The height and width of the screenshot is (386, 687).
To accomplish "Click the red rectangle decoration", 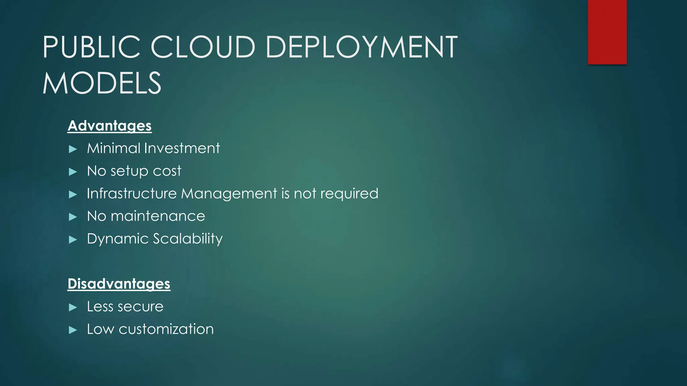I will (x=607, y=32).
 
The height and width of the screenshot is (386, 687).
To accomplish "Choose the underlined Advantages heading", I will (x=110, y=126).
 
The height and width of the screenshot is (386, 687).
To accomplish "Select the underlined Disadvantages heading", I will (x=119, y=284).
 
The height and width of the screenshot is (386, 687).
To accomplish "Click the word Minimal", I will (x=113, y=148).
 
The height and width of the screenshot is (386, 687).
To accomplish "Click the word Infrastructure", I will (x=131, y=194).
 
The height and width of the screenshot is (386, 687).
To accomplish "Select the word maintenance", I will (x=158, y=216).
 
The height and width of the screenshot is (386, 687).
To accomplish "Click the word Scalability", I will (x=188, y=239).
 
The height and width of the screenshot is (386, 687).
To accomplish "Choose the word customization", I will (x=166, y=329).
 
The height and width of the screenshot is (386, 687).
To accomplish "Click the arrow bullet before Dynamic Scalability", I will (x=73, y=240).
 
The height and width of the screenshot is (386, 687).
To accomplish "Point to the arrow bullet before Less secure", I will (x=73, y=307).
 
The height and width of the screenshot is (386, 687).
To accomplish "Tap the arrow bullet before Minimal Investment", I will (x=73, y=149).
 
